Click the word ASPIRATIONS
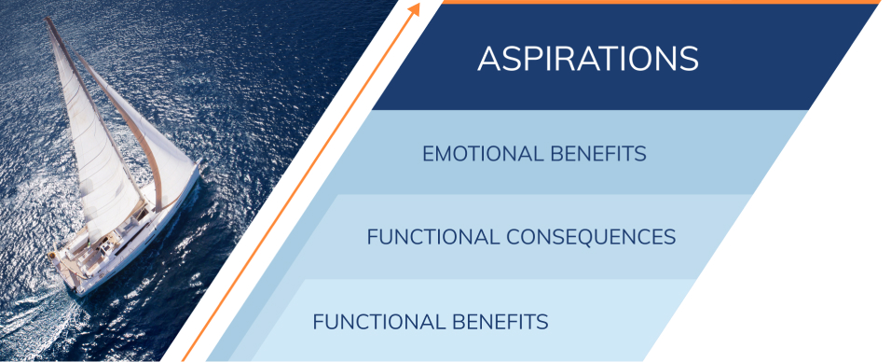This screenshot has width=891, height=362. point(587,59)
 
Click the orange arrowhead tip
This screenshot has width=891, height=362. point(415,7)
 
